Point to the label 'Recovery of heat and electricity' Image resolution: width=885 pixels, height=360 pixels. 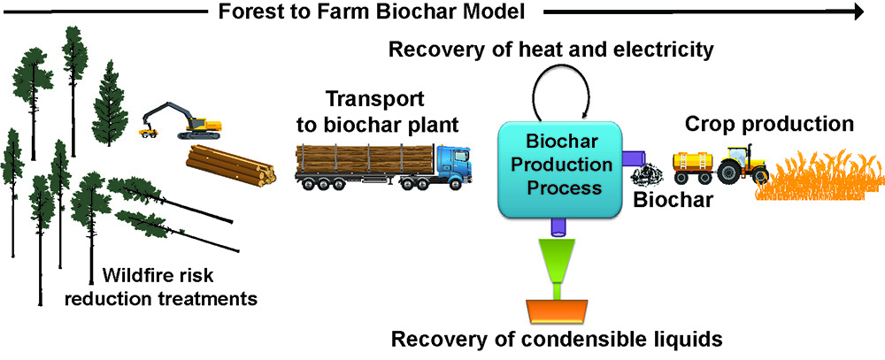pos(550,50)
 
